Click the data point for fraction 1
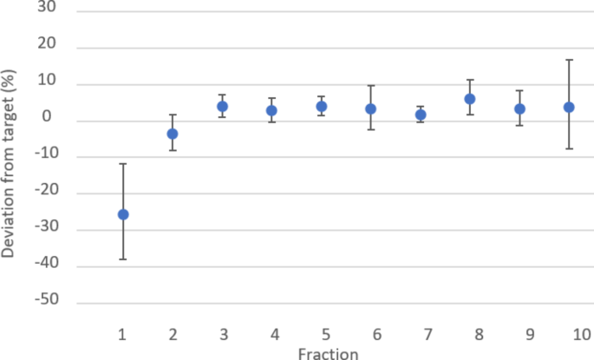click(123, 214)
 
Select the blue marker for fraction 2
click(173, 134)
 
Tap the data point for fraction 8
click(470, 99)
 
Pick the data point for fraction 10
click(569, 107)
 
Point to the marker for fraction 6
click(371, 108)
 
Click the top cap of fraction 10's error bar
click(569, 60)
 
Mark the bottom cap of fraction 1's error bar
click(123, 259)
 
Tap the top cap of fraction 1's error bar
click(123, 163)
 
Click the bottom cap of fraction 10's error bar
click(569, 149)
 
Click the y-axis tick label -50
click(43, 303)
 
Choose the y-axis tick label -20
click(43, 193)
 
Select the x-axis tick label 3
click(223, 334)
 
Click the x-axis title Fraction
click(327, 352)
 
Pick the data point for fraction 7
click(421, 115)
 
